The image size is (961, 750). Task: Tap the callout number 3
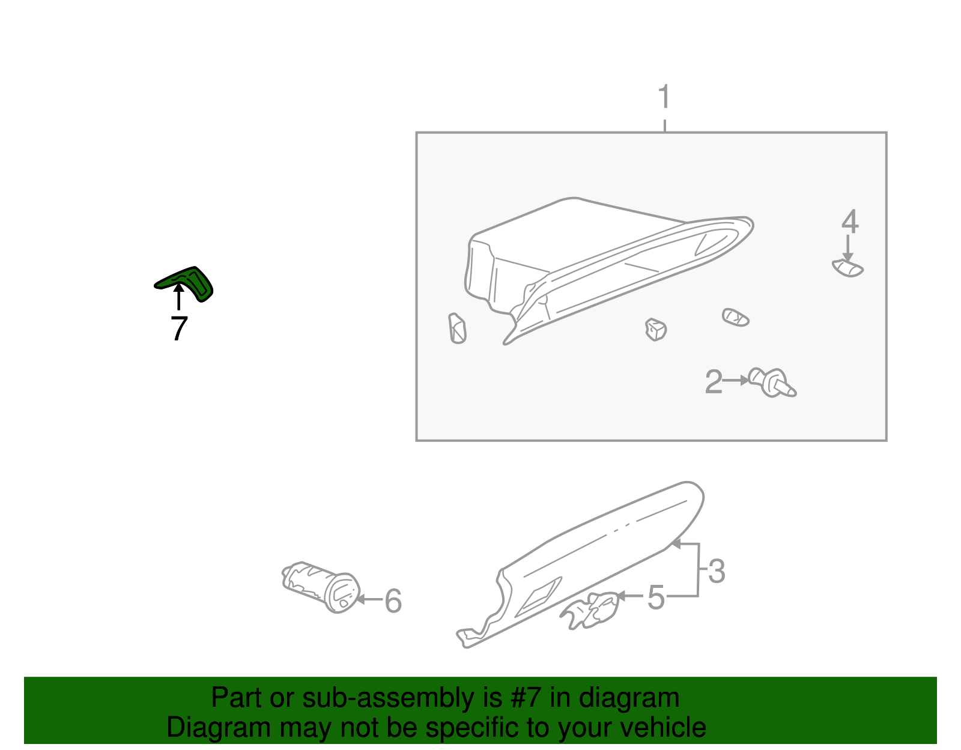click(x=717, y=571)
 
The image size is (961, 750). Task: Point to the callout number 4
click(x=849, y=222)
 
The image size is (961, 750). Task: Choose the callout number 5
click(x=656, y=597)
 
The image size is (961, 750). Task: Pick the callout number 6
click(x=393, y=601)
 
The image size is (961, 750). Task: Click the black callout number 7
click(x=179, y=328)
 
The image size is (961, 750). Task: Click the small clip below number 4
click(x=847, y=268)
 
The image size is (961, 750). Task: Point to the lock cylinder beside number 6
click(x=321, y=587)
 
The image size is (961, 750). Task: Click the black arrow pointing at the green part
click(x=178, y=297)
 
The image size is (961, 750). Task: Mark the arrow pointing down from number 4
click(x=847, y=248)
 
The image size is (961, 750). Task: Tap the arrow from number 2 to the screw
click(x=735, y=380)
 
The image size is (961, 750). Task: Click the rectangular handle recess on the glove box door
click(x=538, y=597)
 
